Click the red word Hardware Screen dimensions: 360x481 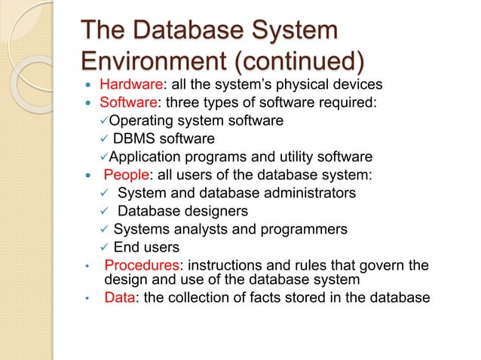(130, 84)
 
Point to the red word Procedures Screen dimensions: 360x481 (139, 264)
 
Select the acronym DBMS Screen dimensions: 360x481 (134, 139)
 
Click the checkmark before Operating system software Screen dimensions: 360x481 (93, 121)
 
